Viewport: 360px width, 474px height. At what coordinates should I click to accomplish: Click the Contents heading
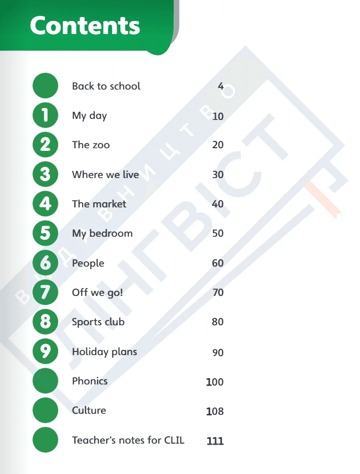tap(85, 26)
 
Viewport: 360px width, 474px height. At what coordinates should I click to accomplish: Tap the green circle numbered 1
tap(46, 115)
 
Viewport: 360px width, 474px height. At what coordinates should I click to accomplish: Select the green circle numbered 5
tap(46, 233)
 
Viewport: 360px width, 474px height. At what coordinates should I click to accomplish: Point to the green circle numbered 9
tap(46, 351)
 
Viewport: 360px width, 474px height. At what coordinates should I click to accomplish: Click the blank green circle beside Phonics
tap(46, 381)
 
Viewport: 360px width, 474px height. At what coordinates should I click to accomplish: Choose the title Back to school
tap(106, 86)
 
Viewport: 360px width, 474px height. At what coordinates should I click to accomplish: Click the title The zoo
tap(91, 145)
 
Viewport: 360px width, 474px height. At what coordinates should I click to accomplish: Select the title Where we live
tap(105, 174)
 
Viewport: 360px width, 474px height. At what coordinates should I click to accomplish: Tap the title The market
tap(99, 204)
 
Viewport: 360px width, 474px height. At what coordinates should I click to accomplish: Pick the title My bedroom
tap(103, 234)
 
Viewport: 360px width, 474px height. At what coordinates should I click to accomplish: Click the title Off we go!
tap(97, 293)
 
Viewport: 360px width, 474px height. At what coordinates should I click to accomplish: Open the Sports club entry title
tap(98, 322)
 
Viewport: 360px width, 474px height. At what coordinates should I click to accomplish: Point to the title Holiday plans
tap(105, 352)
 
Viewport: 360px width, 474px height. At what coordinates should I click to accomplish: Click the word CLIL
tap(174, 440)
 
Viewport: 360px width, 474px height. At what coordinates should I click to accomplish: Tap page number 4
tap(221, 86)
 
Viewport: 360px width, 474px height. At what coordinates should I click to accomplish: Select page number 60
tap(218, 263)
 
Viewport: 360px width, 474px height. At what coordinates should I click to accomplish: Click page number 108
tap(215, 411)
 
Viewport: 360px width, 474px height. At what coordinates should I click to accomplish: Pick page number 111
tap(215, 441)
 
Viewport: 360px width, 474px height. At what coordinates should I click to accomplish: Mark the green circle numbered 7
tap(46, 292)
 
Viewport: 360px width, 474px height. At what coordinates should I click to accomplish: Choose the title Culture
tap(89, 411)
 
